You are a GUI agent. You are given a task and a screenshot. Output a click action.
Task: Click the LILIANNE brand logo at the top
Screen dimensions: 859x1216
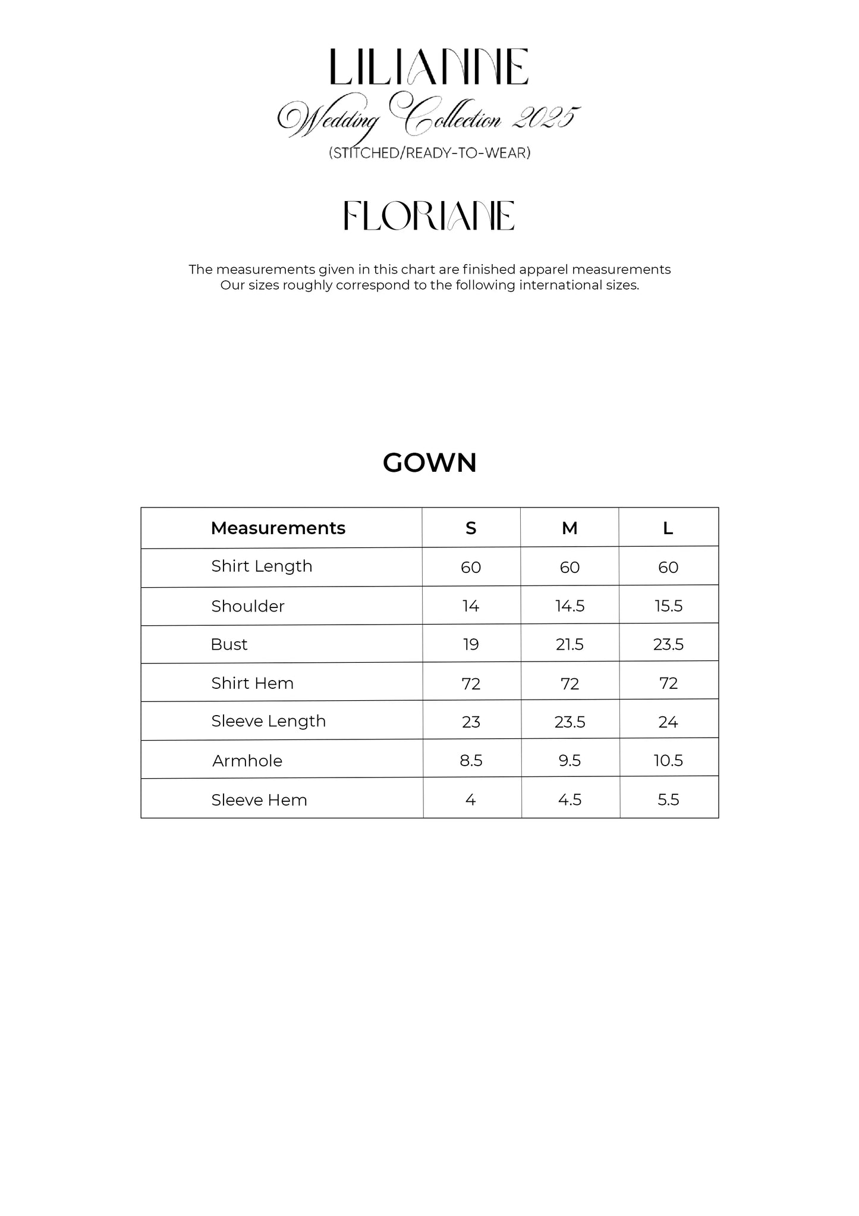click(x=429, y=67)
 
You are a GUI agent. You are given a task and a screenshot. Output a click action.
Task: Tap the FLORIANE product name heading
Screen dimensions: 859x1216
click(x=429, y=215)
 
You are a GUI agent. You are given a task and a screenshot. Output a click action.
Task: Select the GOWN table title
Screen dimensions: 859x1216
click(x=429, y=463)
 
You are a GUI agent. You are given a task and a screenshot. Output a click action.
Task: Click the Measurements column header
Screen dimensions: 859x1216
click(x=278, y=528)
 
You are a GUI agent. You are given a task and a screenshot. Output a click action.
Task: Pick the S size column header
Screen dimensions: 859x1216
click(x=471, y=528)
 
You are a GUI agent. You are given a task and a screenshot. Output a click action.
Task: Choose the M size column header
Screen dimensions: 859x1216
click(x=569, y=528)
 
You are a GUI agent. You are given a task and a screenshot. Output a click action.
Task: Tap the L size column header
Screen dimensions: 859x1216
click(x=668, y=528)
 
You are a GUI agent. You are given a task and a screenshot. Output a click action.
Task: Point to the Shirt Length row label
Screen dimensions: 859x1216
click(x=262, y=566)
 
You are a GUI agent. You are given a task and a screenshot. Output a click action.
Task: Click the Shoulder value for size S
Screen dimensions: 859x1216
click(x=471, y=606)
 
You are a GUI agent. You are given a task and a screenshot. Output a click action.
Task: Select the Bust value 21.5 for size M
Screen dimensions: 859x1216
click(x=569, y=644)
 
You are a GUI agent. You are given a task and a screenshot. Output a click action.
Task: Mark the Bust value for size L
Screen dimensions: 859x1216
click(x=668, y=644)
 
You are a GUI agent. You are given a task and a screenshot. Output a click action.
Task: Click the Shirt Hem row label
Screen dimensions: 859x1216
click(x=252, y=683)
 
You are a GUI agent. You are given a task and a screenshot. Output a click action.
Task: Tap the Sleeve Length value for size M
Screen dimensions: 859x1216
click(x=569, y=722)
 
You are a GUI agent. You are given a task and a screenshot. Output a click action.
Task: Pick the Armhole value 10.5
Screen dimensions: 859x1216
click(x=668, y=760)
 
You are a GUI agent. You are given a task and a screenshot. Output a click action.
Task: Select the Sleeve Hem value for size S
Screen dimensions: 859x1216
click(x=471, y=800)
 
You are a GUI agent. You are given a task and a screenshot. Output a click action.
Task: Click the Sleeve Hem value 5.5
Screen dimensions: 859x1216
click(x=668, y=800)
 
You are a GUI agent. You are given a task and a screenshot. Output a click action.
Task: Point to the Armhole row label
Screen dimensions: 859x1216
click(x=247, y=761)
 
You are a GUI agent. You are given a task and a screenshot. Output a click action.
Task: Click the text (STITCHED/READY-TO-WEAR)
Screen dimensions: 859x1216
click(x=429, y=153)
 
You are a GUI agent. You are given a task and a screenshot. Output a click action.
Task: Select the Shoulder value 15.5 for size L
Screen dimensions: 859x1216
click(x=668, y=606)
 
